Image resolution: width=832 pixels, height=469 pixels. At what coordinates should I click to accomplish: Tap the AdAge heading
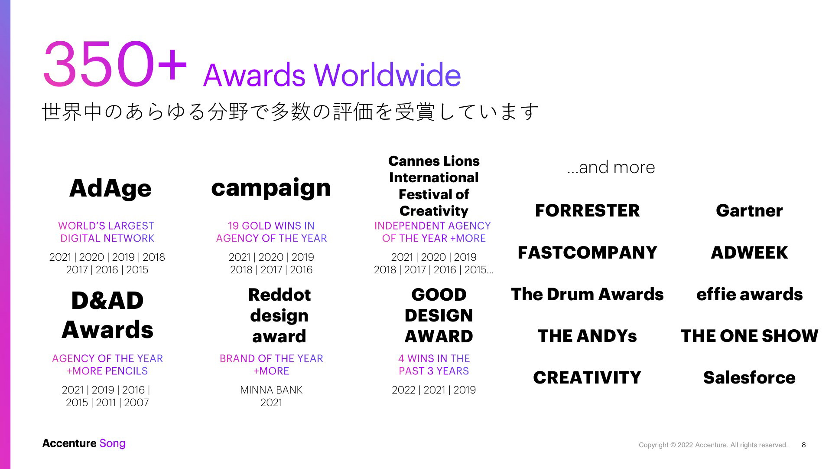pos(110,188)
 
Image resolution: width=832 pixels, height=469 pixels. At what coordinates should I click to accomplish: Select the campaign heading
pos(271,188)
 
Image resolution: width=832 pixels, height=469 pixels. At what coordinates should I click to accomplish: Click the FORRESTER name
pos(587,210)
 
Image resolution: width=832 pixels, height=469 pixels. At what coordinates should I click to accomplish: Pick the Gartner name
pos(749,210)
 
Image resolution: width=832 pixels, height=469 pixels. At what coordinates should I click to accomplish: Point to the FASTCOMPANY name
pos(587,253)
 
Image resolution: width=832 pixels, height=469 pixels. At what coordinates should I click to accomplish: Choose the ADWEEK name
pos(749,253)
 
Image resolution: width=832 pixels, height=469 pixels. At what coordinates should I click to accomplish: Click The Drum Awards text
pos(587,294)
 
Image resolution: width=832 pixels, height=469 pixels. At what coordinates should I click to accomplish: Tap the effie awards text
pos(749,294)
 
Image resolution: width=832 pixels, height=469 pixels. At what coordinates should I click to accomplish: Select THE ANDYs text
pos(587,336)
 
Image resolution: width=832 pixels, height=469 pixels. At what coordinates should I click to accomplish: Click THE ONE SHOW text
pos(749,336)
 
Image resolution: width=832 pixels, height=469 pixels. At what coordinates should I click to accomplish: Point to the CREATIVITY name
pos(587,377)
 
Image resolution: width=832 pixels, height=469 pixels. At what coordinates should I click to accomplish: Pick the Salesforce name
pos(749,377)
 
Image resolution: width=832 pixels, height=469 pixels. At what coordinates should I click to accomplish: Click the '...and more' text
pos(611,167)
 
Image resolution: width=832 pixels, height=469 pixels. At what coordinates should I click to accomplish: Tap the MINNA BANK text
pos(271,390)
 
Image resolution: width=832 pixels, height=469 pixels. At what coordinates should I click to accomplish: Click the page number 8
pos(804,445)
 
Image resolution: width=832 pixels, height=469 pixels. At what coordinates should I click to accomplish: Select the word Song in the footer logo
pos(112,444)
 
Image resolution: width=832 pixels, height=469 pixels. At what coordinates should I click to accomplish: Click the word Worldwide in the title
pos(387,75)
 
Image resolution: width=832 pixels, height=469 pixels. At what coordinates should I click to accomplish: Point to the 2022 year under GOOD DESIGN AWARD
pos(403,390)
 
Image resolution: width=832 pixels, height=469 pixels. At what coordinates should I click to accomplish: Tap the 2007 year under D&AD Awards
pos(136,403)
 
